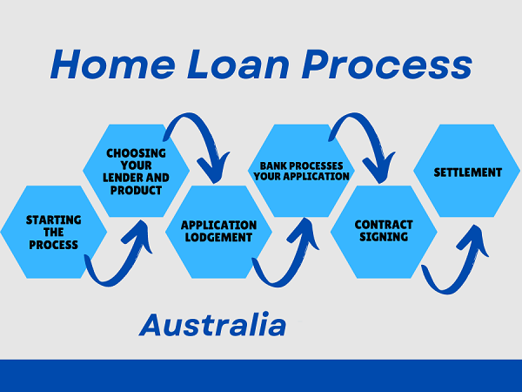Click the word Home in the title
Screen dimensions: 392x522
click(106, 65)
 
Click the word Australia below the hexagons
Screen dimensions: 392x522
click(212, 325)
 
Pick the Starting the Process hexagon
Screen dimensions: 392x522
click(52, 232)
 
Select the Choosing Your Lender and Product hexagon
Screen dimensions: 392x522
click(135, 171)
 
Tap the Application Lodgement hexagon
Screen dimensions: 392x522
click(218, 231)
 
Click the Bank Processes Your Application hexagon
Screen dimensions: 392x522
click(299, 171)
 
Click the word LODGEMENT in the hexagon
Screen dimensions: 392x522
click(218, 237)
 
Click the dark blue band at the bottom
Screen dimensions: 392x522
click(261, 375)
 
